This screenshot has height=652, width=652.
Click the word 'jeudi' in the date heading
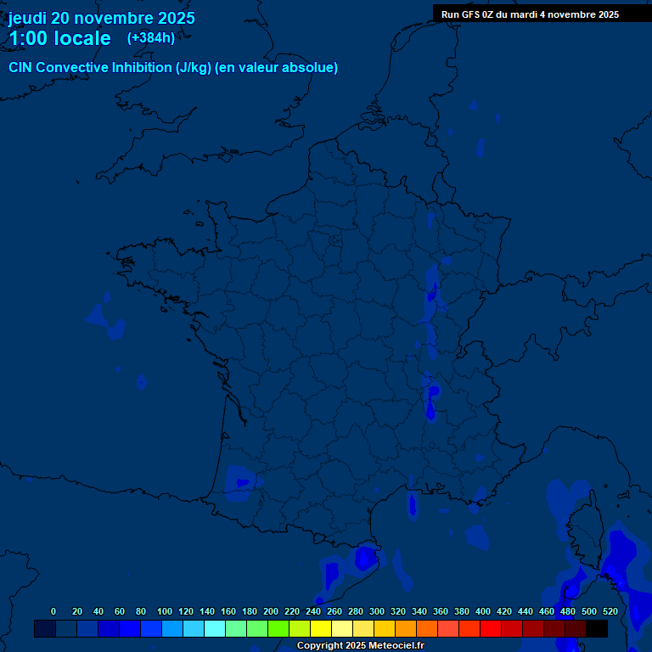tap(28, 18)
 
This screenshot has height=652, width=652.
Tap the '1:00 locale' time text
tap(59, 38)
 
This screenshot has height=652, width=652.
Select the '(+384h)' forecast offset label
tap(151, 37)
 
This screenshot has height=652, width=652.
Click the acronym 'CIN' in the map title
tap(20, 68)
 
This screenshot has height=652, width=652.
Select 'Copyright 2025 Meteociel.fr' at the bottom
tap(360, 645)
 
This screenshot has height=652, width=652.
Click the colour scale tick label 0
tap(53, 611)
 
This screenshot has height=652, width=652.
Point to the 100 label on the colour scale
tap(165, 611)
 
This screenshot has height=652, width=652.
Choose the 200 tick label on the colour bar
tap(271, 611)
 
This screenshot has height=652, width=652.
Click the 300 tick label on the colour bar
tap(377, 611)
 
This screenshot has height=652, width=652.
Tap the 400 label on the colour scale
tap(483, 611)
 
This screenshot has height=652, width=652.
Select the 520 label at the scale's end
tap(610, 611)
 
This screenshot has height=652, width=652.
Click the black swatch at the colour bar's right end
tap(597, 628)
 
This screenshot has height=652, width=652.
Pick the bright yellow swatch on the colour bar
tap(321, 628)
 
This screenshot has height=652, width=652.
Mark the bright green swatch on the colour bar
tap(278, 628)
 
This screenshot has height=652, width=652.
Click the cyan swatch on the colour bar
tap(215, 628)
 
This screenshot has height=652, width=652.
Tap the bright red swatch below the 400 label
tap(491, 628)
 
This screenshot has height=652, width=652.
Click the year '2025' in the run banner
tap(606, 14)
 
